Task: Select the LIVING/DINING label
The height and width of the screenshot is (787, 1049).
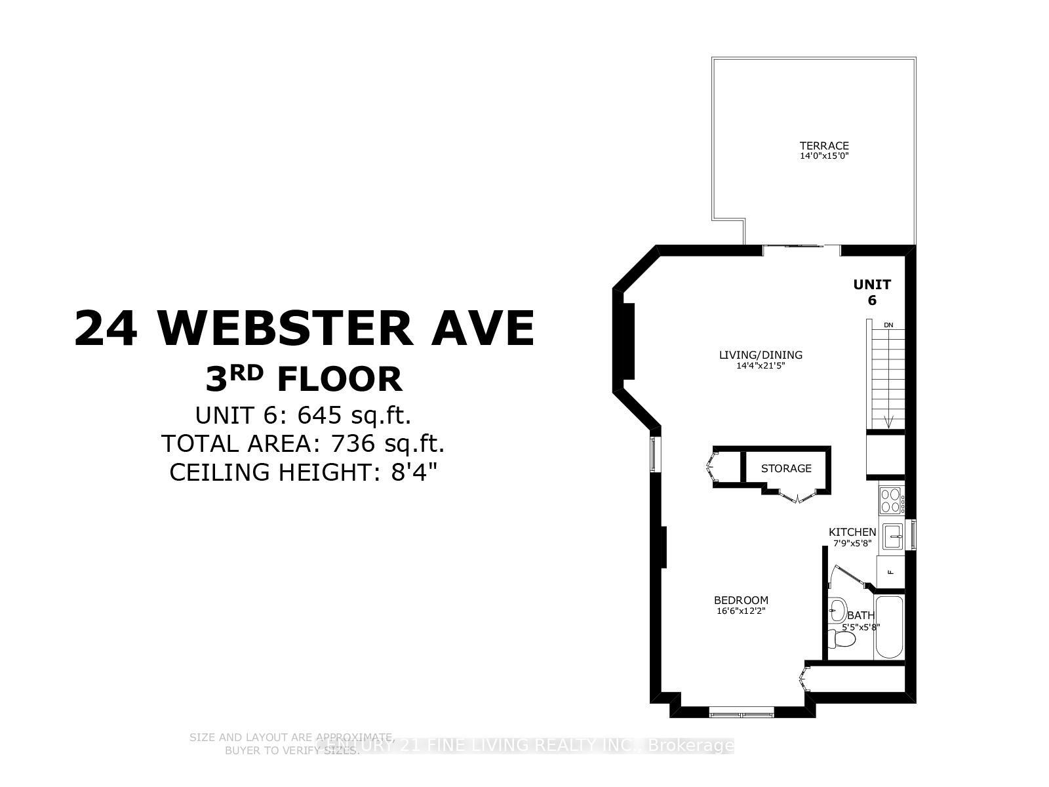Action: point(761,355)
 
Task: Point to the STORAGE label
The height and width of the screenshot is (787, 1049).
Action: point(786,468)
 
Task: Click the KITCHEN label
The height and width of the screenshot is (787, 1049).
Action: point(852,532)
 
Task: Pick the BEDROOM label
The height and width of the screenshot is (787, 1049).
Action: point(741,600)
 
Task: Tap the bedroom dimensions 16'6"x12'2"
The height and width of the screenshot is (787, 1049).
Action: point(741,611)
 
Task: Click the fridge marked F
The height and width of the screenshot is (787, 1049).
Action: point(890,571)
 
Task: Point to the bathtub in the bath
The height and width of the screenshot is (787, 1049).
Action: point(889,628)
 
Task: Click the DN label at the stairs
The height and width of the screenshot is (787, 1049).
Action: point(888,325)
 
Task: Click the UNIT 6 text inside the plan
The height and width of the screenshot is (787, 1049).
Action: point(872,293)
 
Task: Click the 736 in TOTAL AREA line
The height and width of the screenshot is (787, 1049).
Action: point(353,444)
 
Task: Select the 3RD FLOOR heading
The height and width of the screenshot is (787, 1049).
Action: point(303,380)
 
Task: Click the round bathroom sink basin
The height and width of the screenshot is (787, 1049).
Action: point(837,610)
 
